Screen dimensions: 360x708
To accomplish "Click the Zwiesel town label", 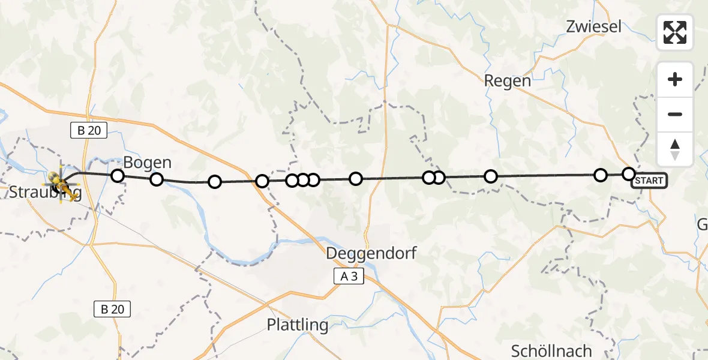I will coord(593,26).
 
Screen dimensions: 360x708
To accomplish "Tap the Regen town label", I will coord(507,81).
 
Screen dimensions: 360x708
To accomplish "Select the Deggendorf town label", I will coord(371,253).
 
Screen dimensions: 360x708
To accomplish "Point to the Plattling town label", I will coord(298,325).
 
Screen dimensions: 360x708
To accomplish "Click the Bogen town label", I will coord(147,163).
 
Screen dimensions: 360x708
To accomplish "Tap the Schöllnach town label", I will coord(551,350).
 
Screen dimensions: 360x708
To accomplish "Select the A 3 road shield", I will coord(349,275).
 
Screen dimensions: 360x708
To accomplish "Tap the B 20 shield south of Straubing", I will coord(112,309).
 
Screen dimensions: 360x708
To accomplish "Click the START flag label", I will coord(649,180).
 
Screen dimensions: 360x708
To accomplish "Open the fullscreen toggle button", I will coord(675,32).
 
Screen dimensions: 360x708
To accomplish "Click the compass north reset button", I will coord(675,149).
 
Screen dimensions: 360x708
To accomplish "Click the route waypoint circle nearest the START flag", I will coord(628,174).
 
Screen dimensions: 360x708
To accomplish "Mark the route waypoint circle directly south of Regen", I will coord(491,176).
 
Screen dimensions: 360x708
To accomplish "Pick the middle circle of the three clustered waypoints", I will coord(303,180).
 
